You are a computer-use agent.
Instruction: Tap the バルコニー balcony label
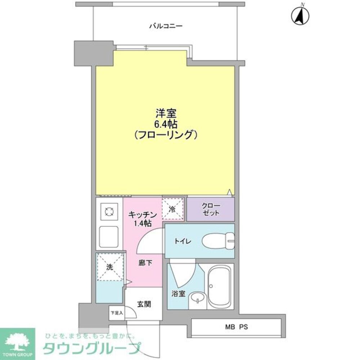tap(166, 26)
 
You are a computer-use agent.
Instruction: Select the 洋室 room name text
tap(166, 114)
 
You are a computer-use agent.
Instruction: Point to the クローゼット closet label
tap(211, 209)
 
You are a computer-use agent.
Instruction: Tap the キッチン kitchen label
tap(143, 215)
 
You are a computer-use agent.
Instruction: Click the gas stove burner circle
tap(109, 212)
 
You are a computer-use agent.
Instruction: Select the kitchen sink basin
tap(109, 236)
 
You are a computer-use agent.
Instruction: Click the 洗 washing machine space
tap(110, 267)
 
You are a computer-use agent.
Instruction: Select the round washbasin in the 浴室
tap(197, 298)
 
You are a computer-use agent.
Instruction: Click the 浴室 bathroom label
tap(178, 293)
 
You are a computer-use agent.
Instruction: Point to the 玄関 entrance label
tap(144, 304)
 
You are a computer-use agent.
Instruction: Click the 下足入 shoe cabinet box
tap(117, 313)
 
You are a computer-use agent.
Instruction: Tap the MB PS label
tap(237, 327)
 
